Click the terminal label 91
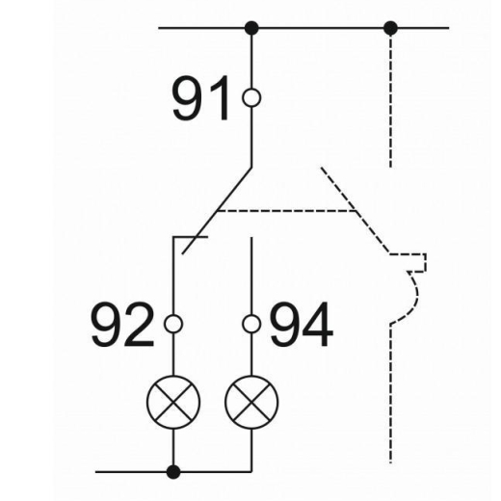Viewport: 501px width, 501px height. click(200, 98)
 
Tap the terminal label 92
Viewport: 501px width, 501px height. click(122, 325)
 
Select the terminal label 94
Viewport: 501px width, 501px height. click(302, 325)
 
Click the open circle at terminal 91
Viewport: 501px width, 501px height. click(251, 97)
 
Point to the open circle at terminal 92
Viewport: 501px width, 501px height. click(173, 324)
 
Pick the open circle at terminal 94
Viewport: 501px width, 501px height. click(251, 324)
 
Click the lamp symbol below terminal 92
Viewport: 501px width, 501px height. click(173, 402)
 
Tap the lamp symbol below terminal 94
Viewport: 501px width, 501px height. click(251, 402)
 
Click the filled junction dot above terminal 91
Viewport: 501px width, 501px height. click(251, 28)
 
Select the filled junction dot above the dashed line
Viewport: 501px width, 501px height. click(390, 28)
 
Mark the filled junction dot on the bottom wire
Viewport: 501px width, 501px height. click(173, 472)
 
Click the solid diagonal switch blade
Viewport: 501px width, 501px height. click(217, 211)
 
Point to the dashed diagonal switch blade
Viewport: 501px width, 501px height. click(356, 211)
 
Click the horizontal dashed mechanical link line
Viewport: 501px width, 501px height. click(286, 211)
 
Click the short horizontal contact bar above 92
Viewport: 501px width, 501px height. click(191, 237)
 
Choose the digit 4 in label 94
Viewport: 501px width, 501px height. click(317, 325)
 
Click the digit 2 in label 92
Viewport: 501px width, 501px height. click(139, 325)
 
